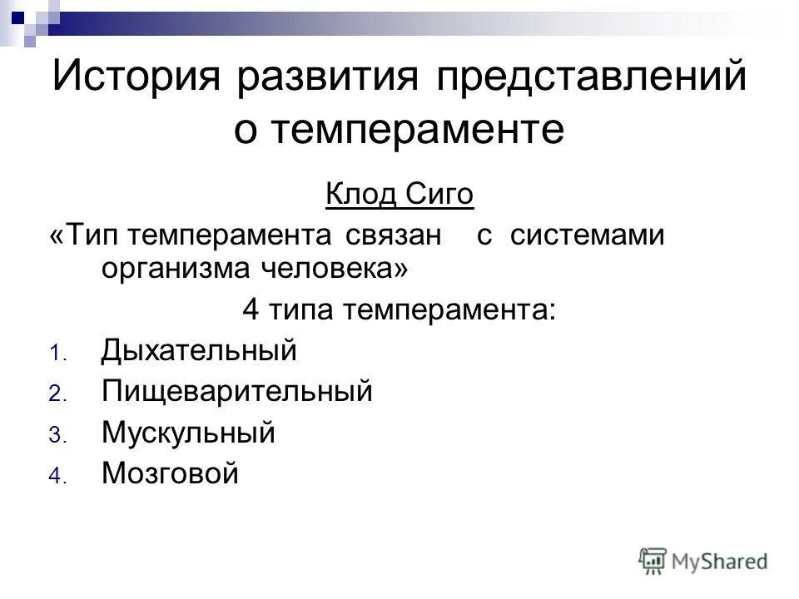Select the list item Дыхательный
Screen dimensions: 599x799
[198, 351]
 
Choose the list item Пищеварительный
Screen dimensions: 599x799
[236, 392]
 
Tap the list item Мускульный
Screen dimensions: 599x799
[187, 433]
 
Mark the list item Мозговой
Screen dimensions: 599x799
[170, 473]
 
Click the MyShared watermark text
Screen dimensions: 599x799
[720, 561]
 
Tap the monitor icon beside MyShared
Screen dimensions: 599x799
[653, 561]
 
